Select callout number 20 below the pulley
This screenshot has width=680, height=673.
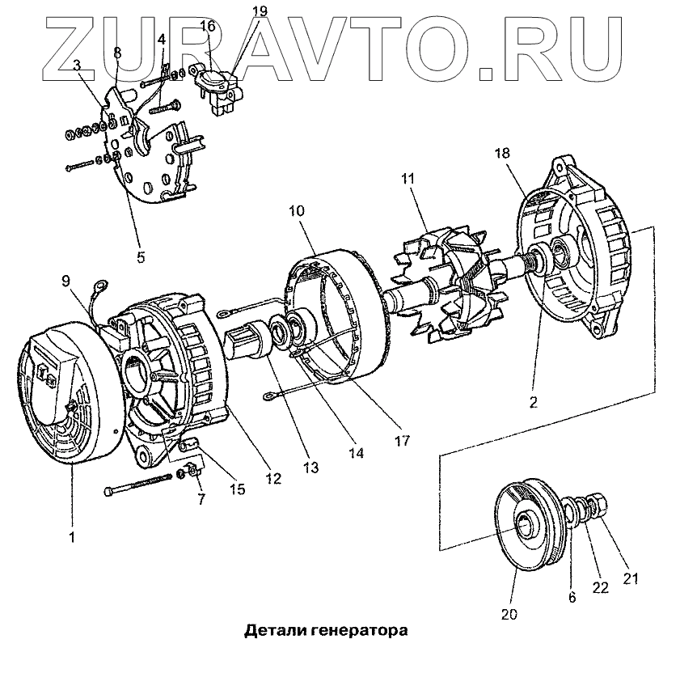click(508, 612)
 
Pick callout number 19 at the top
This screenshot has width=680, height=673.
click(259, 11)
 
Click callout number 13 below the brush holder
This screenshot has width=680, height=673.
click(311, 467)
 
